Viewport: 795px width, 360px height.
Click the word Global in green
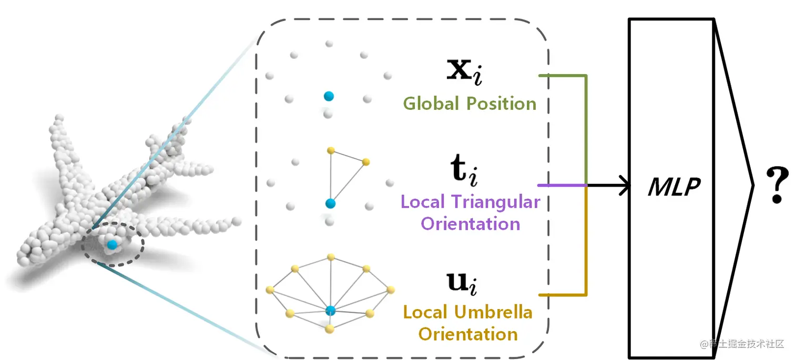(x=431, y=104)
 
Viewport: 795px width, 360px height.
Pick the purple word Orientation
(x=471, y=224)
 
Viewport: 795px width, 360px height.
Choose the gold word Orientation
(x=468, y=334)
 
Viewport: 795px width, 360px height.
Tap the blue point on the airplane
(x=111, y=244)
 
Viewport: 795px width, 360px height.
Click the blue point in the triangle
(x=330, y=203)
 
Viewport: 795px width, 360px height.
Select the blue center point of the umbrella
(x=330, y=310)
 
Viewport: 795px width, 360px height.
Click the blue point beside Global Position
(x=329, y=96)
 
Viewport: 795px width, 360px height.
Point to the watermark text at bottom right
(x=741, y=344)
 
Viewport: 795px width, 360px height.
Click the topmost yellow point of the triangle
(x=331, y=150)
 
